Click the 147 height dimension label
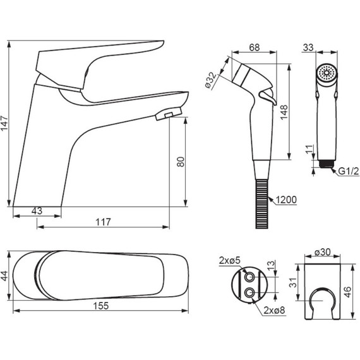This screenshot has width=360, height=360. click(x=4, y=123)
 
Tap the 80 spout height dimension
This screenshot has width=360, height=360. click(x=181, y=162)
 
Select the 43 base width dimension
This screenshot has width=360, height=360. click(x=37, y=211)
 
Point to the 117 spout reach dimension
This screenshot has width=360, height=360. click(x=103, y=222)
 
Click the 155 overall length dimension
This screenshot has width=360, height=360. click(x=101, y=306)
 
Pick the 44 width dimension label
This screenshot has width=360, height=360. click(x=4, y=276)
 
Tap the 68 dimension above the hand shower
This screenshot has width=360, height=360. click(x=255, y=47)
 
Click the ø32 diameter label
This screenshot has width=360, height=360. click(x=211, y=80)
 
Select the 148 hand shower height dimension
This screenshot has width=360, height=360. click(x=284, y=112)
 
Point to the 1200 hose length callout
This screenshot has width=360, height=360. click(x=286, y=200)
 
